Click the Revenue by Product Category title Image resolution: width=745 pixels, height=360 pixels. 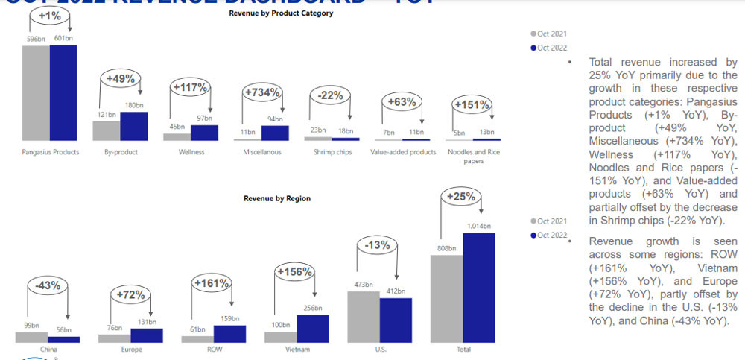(280, 13)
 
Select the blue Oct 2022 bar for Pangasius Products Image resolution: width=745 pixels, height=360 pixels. (63, 92)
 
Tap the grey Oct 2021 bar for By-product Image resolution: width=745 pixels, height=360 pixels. (106, 130)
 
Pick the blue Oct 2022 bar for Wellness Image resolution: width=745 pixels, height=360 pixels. (204, 133)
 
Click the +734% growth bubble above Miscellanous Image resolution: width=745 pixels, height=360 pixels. (262, 93)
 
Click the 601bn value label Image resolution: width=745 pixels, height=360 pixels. (64, 38)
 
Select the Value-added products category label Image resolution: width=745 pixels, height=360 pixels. (402, 152)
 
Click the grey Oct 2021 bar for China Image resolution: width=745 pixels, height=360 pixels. (31, 337)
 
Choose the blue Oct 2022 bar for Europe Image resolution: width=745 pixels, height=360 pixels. (146, 335)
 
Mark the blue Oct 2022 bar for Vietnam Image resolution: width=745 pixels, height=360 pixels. (312, 328)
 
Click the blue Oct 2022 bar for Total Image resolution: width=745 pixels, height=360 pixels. (478, 287)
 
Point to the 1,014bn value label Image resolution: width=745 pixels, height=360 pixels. (480, 226)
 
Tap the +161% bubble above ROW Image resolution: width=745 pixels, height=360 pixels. (212, 284)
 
